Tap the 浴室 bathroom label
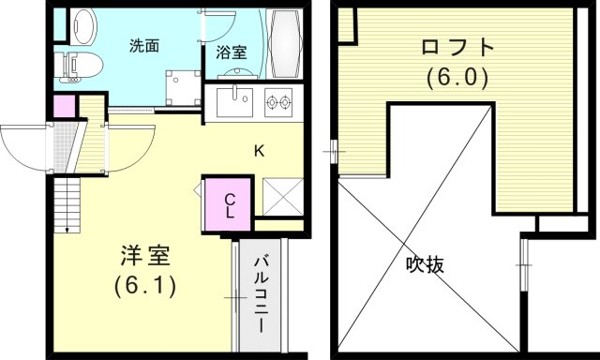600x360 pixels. [x=232, y=52]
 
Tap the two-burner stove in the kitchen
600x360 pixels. [x=279, y=98]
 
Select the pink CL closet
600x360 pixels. [x=229, y=203]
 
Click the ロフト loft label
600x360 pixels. [x=456, y=47]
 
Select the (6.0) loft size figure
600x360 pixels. [x=456, y=77]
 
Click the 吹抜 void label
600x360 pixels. [x=425, y=264]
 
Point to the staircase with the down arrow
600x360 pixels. [x=67, y=207]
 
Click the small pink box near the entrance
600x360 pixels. [x=64, y=105]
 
